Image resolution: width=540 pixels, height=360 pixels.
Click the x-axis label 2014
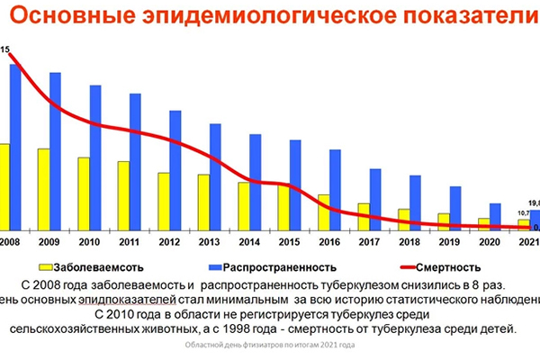pos(249,241)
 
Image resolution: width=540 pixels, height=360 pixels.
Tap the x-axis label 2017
pos(369,241)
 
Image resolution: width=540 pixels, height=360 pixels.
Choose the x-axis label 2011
pos(130,241)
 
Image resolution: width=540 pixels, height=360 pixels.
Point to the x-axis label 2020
pos(489,241)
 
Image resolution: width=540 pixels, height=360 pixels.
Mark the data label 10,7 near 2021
pos(523,212)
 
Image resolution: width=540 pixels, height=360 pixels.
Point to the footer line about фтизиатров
pos(269,346)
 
